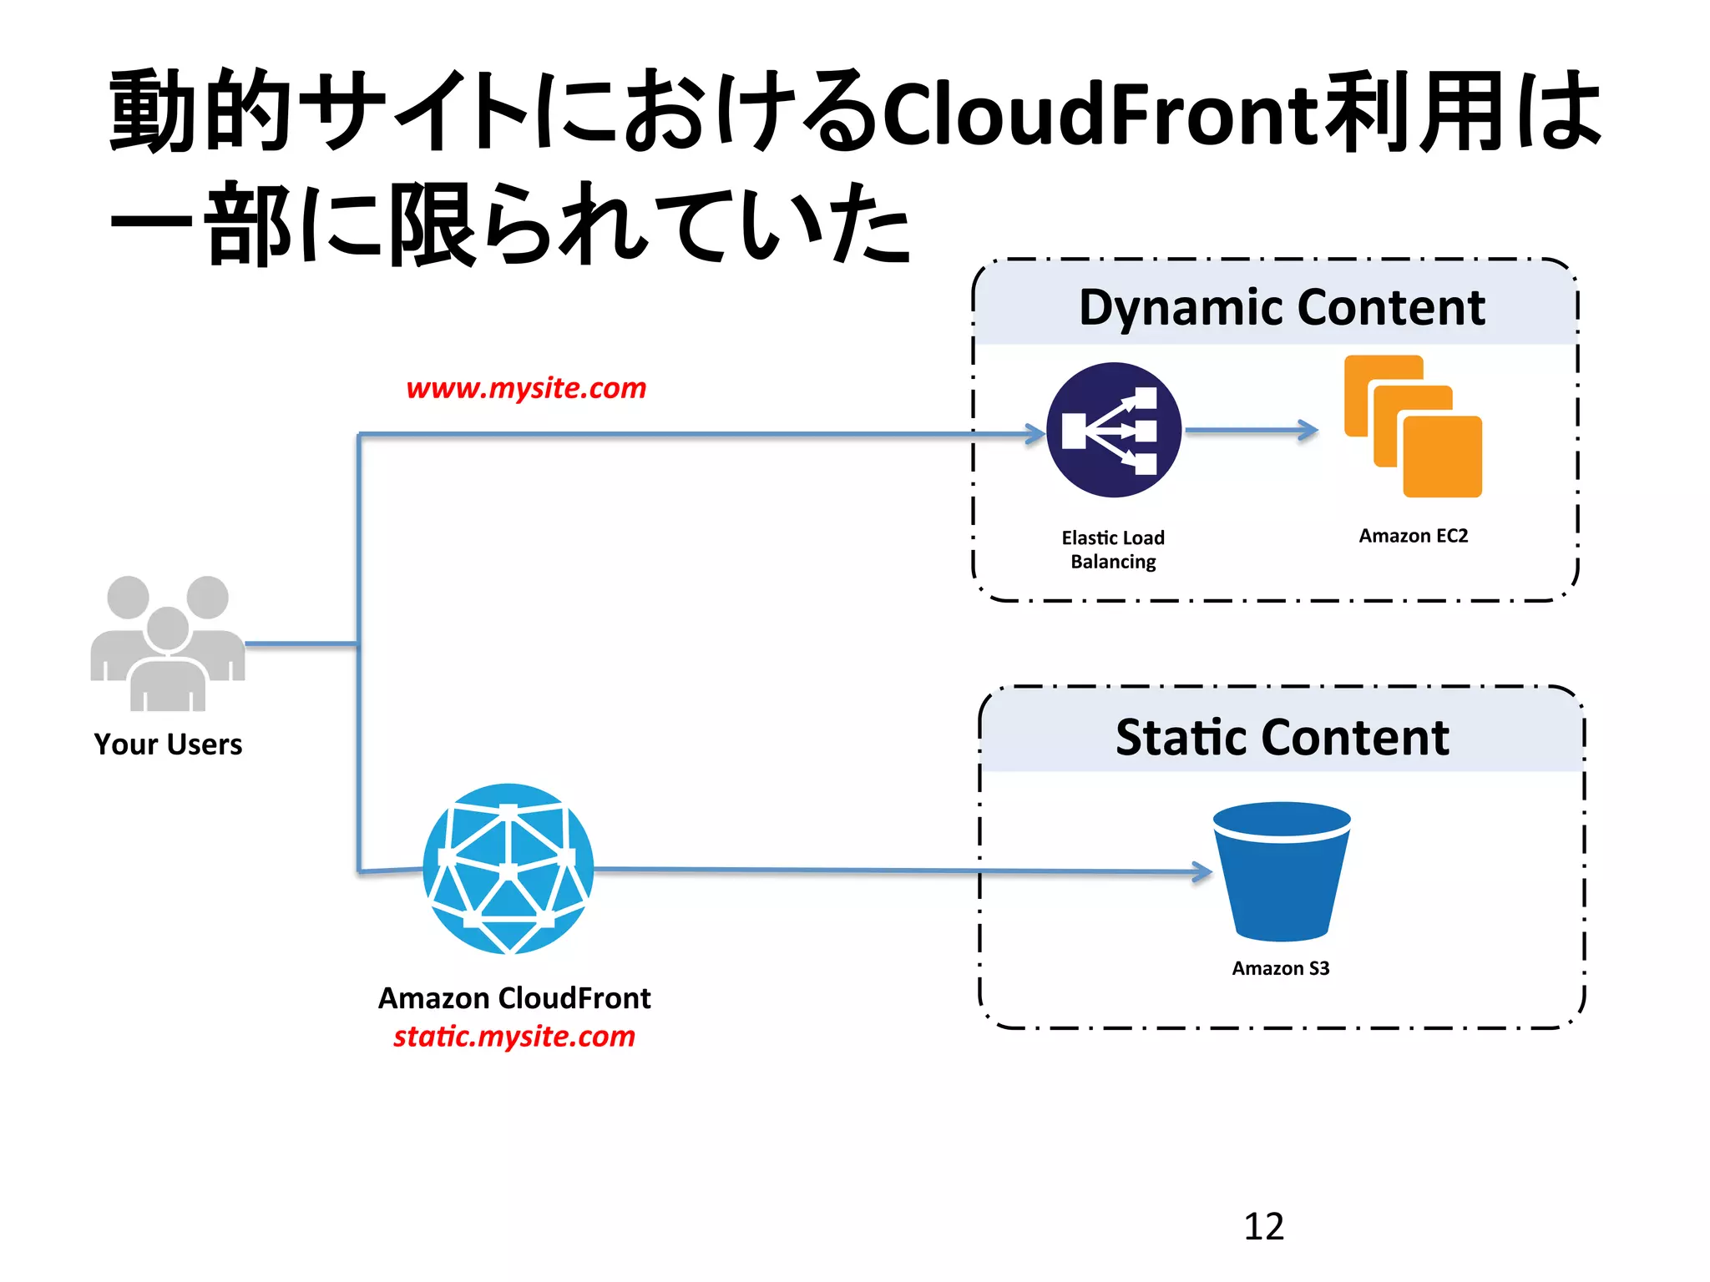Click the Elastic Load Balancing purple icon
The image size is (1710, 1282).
(1113, 430)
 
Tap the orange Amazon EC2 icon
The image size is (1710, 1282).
(1413, 426)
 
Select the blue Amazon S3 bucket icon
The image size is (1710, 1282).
(1282, 871)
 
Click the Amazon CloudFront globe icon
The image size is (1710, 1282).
(508, 868)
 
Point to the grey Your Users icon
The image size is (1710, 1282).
(168, 643)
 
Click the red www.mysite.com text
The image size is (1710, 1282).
(526, 388)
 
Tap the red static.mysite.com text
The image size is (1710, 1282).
(514, 1036)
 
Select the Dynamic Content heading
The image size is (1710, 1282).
(1282, 306)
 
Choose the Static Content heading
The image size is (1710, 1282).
(1282, 737)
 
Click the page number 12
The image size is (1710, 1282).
(1263, 1226)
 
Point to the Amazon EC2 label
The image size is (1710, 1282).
(1413, 535)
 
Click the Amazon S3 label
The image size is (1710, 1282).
(1280, 968)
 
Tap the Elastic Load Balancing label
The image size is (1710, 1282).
(1113, 549)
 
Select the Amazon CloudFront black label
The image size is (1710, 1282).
(514, 998)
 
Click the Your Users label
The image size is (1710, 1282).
(168, 744)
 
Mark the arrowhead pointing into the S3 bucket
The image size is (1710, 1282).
(1202, 872)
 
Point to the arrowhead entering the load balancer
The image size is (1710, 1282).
(1035, 433)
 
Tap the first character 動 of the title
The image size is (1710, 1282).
(153, 111)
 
